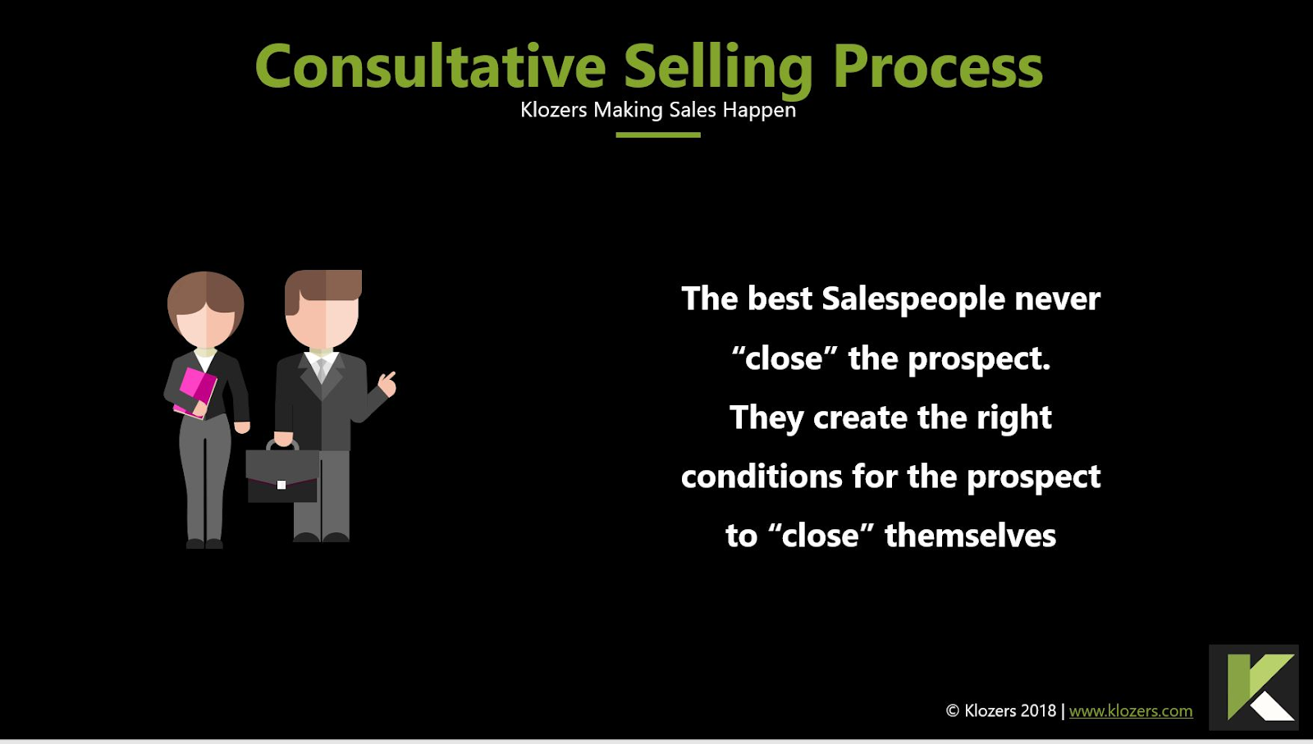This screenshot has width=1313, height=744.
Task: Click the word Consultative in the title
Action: (431, 66)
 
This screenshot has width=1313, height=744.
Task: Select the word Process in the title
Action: (938, 67)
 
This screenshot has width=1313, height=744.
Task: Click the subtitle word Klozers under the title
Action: (553, 110)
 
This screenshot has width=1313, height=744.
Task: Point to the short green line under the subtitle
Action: (657, 135)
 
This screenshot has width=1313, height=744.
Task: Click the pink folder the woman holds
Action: (196, 392)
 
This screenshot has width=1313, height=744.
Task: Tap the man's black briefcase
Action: (282, 473)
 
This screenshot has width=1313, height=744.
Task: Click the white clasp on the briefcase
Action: (281, 485)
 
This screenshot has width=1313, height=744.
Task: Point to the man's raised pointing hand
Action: (387, 384)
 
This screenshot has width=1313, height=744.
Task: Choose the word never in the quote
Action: (1058, 300)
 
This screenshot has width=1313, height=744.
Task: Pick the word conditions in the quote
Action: (762, 476)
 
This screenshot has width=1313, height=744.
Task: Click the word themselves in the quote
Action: (970, 536)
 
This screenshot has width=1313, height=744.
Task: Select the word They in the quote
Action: (766, 418)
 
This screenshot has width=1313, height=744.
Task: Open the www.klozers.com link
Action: (1131, 710)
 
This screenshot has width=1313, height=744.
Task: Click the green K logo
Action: (1254, 687)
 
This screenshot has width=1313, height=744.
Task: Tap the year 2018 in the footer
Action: (1038, 710)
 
